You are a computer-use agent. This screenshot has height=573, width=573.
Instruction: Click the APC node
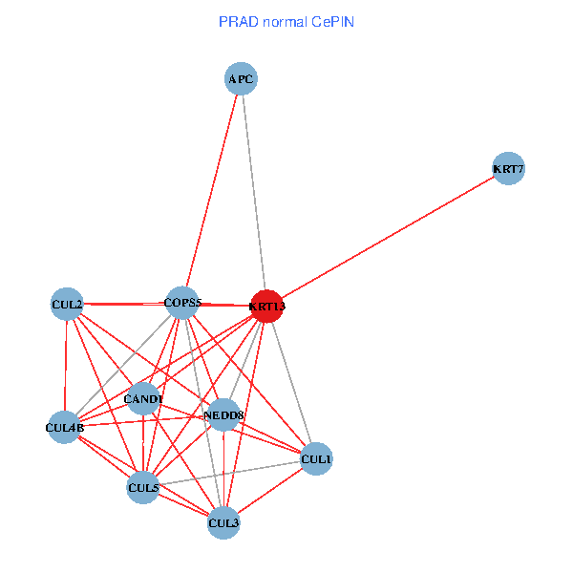click(242, 78)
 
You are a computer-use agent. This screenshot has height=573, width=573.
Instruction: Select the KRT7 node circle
click(508, 170)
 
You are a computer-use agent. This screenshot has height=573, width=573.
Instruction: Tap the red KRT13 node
click(266, 306)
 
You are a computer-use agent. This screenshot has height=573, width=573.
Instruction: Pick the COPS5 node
click(181, 303)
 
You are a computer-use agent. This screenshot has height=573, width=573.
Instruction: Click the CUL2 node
click(66, 305)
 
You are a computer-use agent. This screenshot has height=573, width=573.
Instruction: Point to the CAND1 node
click(143, 398)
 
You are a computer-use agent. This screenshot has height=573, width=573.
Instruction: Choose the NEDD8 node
click(224, 414)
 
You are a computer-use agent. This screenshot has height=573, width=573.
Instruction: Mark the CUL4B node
click(65, 428)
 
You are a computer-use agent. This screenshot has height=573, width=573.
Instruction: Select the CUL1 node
click(316, 459)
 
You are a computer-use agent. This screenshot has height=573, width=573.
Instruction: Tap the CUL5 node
click(143, 488)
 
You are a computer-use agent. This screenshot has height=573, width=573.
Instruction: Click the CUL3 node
click(223, 522)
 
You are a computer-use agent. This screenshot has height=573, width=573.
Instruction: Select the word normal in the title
click(283, 21)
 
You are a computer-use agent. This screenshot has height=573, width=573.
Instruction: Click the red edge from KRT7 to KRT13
click(387, 238)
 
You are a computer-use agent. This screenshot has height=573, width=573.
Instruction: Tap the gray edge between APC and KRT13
click(254, 191)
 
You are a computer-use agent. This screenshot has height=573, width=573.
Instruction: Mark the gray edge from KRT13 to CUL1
click(291, 382)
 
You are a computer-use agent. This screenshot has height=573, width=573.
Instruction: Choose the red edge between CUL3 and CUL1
click(270, 491)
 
